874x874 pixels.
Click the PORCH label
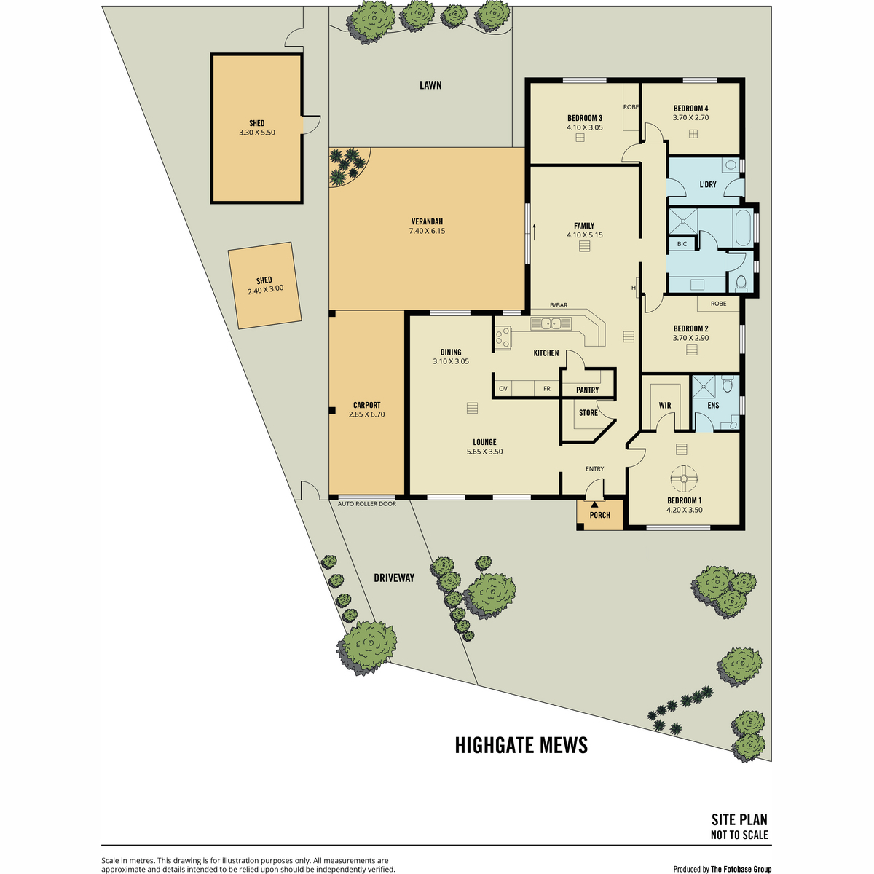point(599,515)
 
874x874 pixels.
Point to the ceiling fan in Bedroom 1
point(683,479)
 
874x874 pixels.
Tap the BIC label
point(682,244)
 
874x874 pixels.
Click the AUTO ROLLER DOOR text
point(367,504)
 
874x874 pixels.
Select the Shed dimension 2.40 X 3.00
point(266,290)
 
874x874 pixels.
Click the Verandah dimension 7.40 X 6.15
point(427,231)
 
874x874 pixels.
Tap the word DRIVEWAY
point(394,578)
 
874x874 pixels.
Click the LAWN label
point(430,85)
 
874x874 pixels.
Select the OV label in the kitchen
point(503,389)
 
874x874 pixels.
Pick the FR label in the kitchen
point(547,389)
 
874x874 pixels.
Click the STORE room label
point(588,413)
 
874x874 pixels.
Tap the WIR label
point(665,406)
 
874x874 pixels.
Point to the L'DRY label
point(707,184)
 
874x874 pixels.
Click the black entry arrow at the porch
point(594,504)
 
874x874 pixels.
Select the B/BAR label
point(559,305)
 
